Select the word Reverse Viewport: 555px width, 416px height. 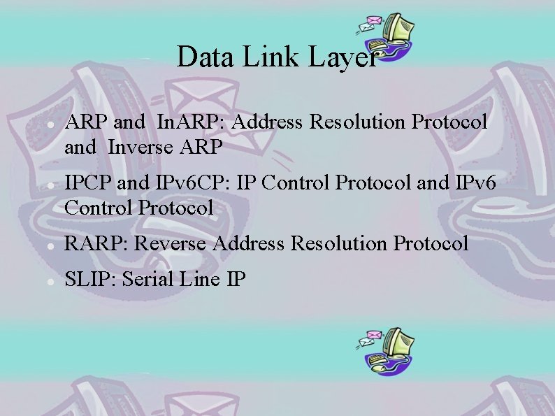tap(171, 244)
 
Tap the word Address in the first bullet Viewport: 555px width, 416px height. tap(267, 122)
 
